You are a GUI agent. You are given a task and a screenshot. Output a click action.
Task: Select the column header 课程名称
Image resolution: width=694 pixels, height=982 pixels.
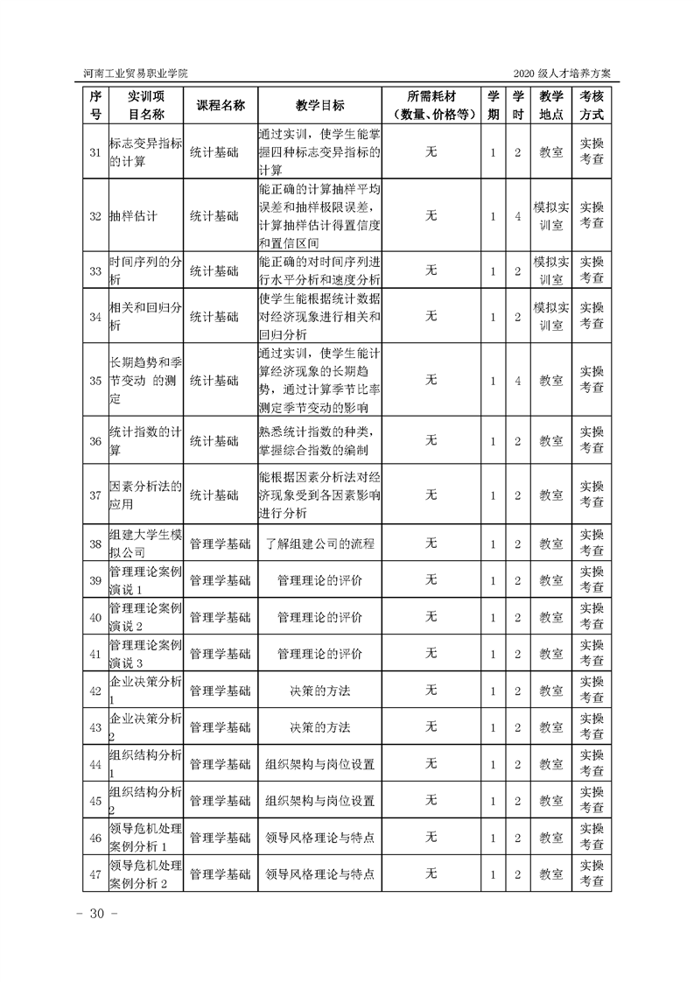[220, 105]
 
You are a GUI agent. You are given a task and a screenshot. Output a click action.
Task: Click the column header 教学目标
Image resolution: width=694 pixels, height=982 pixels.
[319, 105]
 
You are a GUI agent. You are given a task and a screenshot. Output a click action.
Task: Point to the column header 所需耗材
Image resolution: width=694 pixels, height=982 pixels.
[431, 96]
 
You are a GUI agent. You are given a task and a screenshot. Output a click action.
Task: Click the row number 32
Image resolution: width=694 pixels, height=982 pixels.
[95, 215]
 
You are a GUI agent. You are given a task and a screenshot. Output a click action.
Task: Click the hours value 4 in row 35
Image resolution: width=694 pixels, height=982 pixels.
[518, 381]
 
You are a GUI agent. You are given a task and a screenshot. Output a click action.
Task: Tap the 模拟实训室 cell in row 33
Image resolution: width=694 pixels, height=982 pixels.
[551, 271]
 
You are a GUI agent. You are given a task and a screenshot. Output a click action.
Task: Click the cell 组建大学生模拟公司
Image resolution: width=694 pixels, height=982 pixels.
[144, 544]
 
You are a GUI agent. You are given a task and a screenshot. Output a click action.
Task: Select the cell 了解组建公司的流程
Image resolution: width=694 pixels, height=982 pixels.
[319, 544]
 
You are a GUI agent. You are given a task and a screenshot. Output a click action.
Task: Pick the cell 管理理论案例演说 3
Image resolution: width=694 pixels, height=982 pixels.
[144, 654]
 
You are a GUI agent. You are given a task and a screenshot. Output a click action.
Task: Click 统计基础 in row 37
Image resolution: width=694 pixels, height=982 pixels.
[214, 495]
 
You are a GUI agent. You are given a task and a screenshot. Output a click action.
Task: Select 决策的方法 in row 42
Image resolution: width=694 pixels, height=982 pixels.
[319, 691]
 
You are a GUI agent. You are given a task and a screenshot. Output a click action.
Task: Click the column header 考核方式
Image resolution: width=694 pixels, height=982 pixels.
[592, 105]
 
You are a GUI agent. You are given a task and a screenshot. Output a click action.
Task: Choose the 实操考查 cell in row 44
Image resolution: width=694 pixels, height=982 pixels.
[592, 764]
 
